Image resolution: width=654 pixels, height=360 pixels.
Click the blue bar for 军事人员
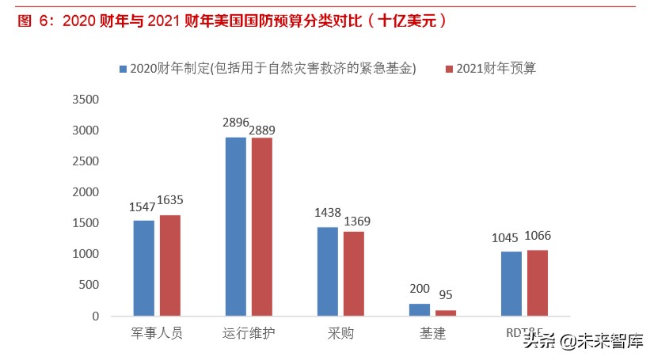[x=143, y=267]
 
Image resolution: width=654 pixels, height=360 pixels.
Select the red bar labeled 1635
[x=169, y=265]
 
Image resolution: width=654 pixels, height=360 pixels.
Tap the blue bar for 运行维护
[x=235, y=226]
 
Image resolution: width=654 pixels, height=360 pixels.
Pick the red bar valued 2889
[x=261, y=226]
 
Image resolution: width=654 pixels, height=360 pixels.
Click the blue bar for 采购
[x=327, y=271]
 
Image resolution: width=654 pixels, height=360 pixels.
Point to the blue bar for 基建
[x=419, y=309]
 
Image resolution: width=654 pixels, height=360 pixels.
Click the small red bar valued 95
[x=446, y=313]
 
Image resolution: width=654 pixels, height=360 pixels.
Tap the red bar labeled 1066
[x=537, y=282]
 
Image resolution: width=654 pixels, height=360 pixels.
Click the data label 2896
[x=236, y=123]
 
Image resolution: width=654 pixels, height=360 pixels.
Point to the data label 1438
[x=327, y=214]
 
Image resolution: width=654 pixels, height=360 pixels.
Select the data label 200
[x=420, y=290]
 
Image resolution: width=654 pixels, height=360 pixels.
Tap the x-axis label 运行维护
[x=248, y=333]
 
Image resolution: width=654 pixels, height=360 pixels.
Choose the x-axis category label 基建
[x=432, y=333]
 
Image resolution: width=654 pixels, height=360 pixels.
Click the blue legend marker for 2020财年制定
[x=123, y=69]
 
